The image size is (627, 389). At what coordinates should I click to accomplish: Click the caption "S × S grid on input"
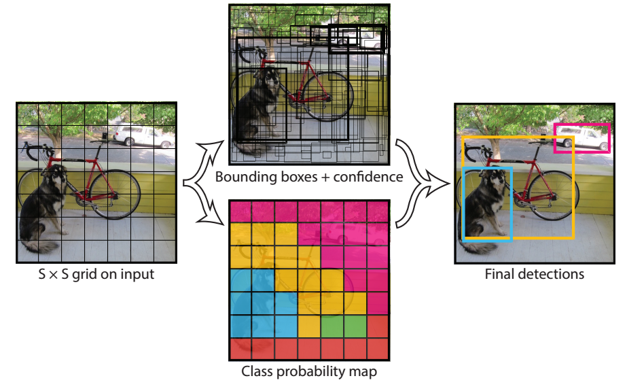coord(96,275)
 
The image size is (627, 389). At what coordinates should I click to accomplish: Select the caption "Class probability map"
coord(309,372)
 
